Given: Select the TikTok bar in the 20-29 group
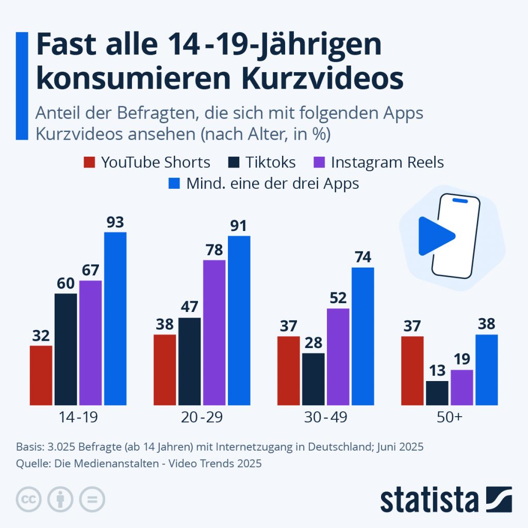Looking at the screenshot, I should click(189, 361).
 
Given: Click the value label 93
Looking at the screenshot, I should click(115, 223).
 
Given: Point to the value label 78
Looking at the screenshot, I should click(214, 250).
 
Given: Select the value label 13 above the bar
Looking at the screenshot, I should click(437, 370).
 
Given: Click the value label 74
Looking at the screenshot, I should click(362, 257).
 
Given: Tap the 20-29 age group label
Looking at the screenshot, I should click(202, 418).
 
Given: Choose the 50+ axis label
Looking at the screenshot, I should click(449, 418).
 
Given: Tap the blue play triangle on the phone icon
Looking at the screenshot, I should click(434, 236).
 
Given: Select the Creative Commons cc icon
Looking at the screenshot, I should click(29, 499).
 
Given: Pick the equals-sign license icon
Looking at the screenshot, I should click(92, 499).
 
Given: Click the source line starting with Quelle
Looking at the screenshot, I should click(139, 464).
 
